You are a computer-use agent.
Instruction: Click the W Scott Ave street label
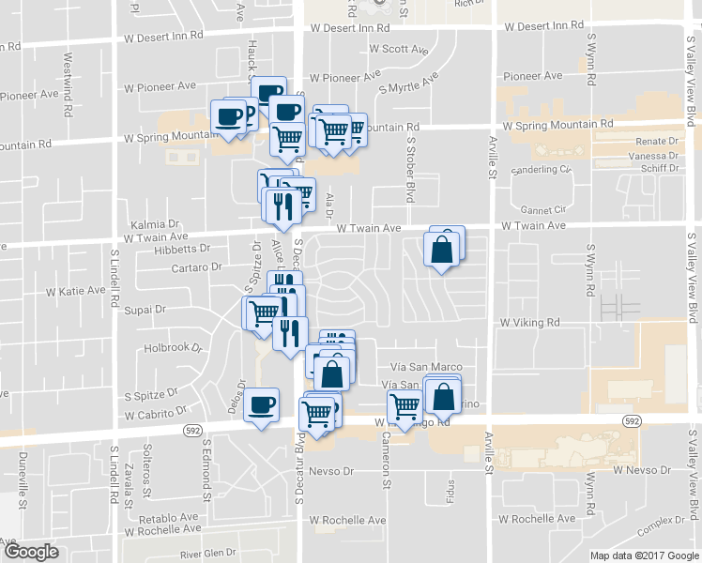pyautogui.click(x=399, y=49)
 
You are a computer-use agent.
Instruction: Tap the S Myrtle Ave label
pyautogui.click(x=408, y=82)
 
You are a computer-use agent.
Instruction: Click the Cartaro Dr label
pyautogui.click(x=197, y=266)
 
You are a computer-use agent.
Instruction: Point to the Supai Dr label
pyautogui.click(x=146, y=308)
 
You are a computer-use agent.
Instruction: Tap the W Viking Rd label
pyautogui.click(x=529, y=322)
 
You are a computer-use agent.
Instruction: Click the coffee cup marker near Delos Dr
pyautogui.click(x=261, y=405)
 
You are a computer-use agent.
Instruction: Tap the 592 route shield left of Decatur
pyautogui.click(x=192, y=430)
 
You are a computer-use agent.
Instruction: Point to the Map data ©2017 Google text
pyautogui.click(x=643, y=555)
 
